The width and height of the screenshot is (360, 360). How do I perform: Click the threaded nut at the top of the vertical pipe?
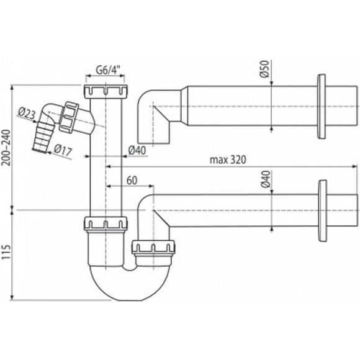pyautogui.click(x=106, y=92)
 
